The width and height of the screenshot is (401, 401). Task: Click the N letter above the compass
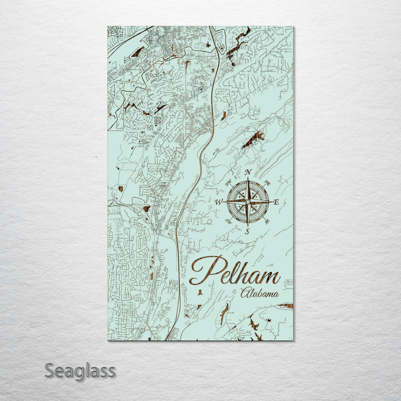tap(248, 172)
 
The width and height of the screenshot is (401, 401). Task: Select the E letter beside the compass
tap(276, 202)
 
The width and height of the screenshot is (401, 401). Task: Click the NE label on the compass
tap(267, 183)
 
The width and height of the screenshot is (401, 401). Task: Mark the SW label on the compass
tap(229, 222)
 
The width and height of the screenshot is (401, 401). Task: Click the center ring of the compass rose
tap(248, 202)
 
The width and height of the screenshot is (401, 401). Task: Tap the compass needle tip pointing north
tap(248, 178)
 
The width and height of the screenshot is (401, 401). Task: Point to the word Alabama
tap(260, 294)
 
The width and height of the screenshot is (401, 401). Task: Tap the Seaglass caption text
tap(80, 371)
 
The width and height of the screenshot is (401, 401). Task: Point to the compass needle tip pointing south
tap(248, 226)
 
